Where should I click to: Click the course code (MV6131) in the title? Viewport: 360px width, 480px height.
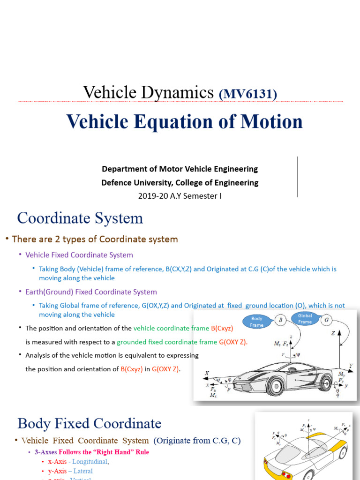coord(248,94)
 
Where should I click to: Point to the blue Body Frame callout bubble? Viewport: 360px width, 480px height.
coord(257,321)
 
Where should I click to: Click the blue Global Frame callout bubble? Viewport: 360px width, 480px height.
coord(305,319)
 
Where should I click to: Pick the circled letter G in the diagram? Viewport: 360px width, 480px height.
coord(327,320)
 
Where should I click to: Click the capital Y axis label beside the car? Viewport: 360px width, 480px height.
coord(350,365)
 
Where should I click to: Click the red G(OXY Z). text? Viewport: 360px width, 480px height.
coord(233,342)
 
